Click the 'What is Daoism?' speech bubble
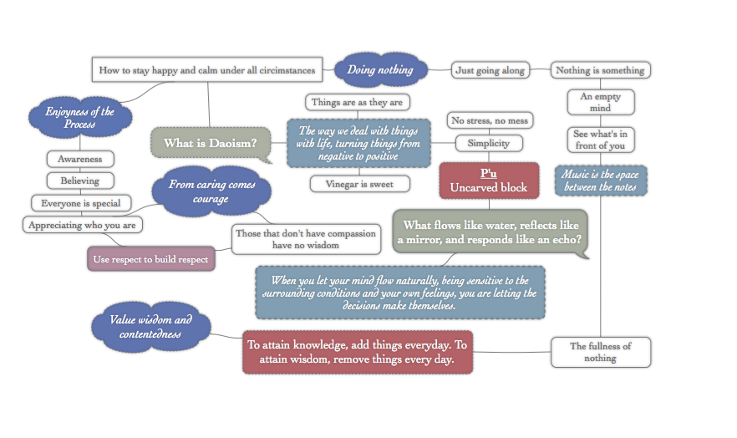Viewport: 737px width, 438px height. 210,143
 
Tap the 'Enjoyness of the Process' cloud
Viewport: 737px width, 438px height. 80,118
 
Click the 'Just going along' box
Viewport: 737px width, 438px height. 490,70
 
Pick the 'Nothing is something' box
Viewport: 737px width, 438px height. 600,70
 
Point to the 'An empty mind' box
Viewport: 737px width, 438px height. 600,102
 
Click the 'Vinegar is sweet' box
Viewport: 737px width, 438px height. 360,183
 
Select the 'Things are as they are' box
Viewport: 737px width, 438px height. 357,103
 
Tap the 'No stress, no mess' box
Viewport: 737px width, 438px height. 489,121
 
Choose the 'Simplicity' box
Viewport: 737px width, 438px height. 488,143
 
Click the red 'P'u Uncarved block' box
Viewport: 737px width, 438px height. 489,180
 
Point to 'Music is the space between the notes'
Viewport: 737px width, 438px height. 600,180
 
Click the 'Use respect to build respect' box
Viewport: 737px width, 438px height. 151,259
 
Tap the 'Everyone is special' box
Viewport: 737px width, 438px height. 80,202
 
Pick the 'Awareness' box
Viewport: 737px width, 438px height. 80,159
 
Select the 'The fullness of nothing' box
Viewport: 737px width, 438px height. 600,351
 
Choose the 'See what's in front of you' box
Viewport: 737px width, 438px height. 600,140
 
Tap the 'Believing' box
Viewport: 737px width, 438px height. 80,181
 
